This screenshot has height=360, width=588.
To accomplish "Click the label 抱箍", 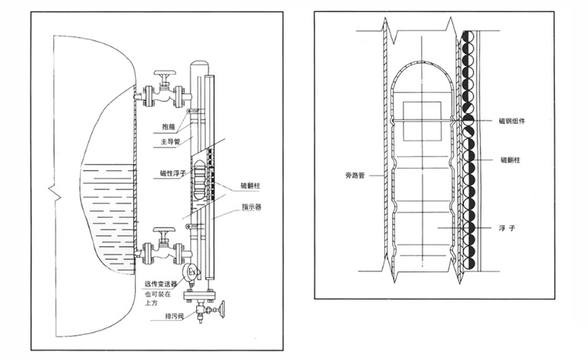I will [x=168, y=125].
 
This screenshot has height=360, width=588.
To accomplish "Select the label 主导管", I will [x=170, y=142].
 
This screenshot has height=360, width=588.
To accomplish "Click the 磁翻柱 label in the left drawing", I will [x=251, y=185].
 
